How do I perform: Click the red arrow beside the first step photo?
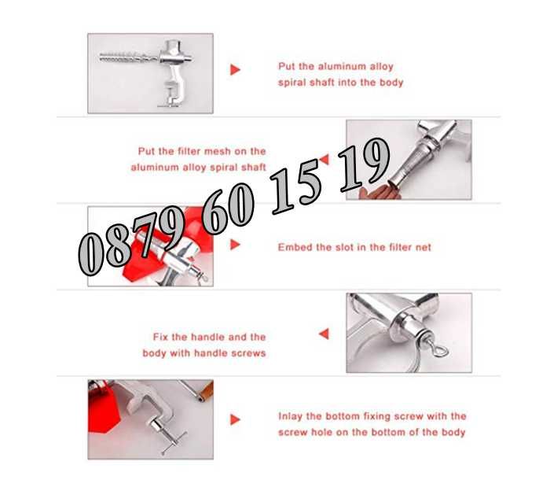point(235,69)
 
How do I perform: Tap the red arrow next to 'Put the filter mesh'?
point(324,160)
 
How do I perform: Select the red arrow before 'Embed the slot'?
point(235,245)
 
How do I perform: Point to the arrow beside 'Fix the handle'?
point(324,334)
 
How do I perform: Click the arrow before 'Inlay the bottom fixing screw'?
point(235,419)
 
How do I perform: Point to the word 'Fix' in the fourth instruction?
point(160,337)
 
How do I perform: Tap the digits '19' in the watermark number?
point(365,164)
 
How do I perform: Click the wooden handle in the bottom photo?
point(205,392)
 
